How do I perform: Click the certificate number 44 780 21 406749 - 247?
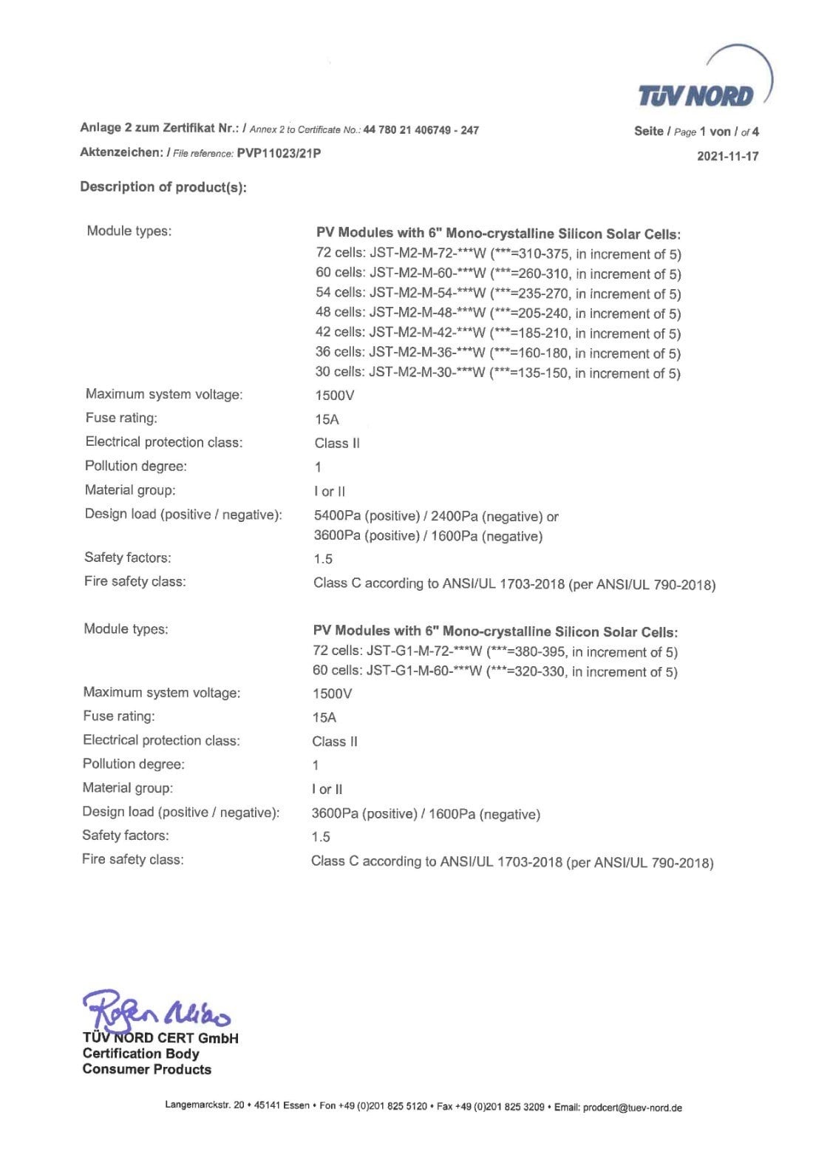pos(421,130)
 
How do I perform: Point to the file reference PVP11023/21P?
pos(279,153)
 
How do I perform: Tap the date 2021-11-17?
pos(727,156)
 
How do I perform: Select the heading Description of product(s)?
pos(163,187)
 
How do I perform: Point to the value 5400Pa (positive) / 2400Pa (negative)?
pos(435,516)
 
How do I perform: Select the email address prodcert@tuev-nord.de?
pos(632,1107)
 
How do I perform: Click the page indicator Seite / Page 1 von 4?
pos(696,132)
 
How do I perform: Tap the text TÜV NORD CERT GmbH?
pos(160,1038)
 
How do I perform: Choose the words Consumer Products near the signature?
pos(147,1069)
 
